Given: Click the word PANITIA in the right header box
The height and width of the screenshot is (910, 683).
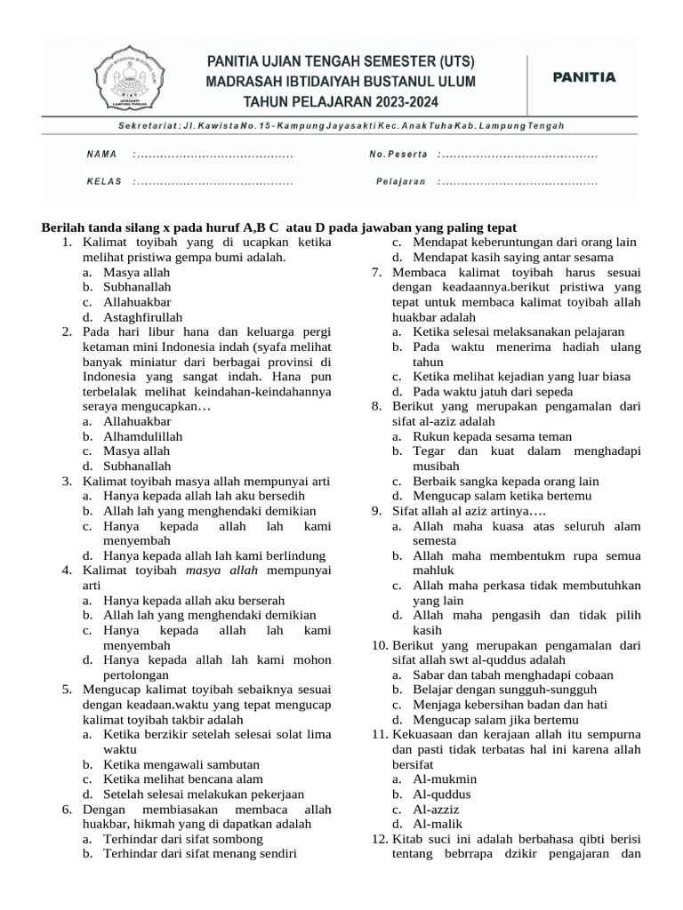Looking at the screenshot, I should (583, 77).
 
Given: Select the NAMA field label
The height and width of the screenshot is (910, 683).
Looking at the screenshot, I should (101, 155).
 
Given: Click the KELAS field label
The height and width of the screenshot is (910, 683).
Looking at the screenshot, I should (103, 182).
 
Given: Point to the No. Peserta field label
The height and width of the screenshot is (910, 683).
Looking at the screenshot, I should (399, 155).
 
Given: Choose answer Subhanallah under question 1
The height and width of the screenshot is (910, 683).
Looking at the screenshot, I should (137, 287).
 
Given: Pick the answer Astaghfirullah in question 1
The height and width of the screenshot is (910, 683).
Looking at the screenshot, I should (143, 317).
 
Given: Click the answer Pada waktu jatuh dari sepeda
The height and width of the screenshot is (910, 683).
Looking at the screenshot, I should (493, 391).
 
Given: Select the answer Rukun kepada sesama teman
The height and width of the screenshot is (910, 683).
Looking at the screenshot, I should (493, 436).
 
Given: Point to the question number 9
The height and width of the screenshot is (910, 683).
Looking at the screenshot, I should (378, 511).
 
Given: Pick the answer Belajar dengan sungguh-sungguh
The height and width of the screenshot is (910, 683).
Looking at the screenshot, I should (504, 690).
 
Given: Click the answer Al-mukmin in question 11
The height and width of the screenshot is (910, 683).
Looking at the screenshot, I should (445, 779).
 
